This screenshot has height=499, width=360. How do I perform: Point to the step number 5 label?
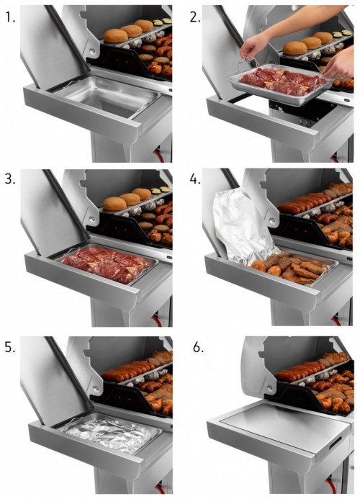click(x=10, y=347)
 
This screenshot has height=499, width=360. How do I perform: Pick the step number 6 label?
click(x=198, y=347)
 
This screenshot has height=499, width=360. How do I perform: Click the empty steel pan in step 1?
click(x=107, y=96)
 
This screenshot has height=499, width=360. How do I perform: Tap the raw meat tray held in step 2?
click(x=277, y=84)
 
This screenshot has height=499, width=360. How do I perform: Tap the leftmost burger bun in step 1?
click(x=115, y=36)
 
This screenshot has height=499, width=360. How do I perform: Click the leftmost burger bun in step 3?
click(x=115, y=204)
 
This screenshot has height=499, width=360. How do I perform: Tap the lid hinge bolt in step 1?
click(x=92, y=50)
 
